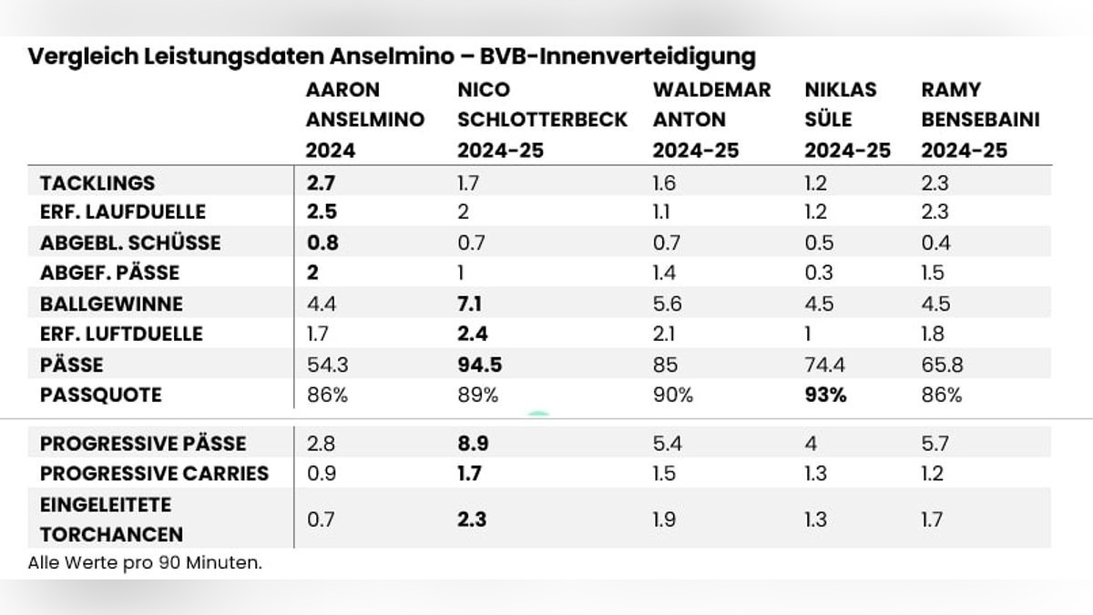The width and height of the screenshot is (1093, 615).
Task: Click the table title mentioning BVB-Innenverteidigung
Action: (x=392, y=56)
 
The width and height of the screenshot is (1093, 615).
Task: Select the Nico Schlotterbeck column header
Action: (x=542, y=119)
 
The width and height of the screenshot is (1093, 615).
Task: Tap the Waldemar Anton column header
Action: (x=711, y=119)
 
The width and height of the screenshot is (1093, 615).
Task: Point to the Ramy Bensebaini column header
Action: (x=980, y=119)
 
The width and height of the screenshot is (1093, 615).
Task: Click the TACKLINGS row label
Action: (x=97, y=182)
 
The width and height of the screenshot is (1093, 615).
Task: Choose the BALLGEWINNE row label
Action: (x=111, y=303)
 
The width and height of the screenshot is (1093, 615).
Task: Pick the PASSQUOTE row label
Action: (x=100, y=395)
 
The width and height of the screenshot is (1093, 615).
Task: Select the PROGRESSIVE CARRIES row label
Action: (x=154, y=473)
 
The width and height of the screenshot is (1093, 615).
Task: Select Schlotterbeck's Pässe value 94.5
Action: (x=479, y=364)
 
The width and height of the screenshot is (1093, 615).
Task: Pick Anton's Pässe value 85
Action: (x=666, y=364)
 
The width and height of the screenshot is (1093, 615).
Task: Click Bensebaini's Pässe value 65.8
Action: (x=942, y=364)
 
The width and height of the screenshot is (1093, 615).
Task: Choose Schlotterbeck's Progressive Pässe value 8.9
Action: (x=474, y=443)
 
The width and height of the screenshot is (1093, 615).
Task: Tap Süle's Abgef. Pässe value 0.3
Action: (x=816, y=272)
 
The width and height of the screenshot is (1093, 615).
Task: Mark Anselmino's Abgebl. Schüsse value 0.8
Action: (x=322, y=242)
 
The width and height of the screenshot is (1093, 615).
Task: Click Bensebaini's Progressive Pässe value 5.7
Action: (x=935, y=443)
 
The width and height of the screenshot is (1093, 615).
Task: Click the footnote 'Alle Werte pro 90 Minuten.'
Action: (x=145, y=562)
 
